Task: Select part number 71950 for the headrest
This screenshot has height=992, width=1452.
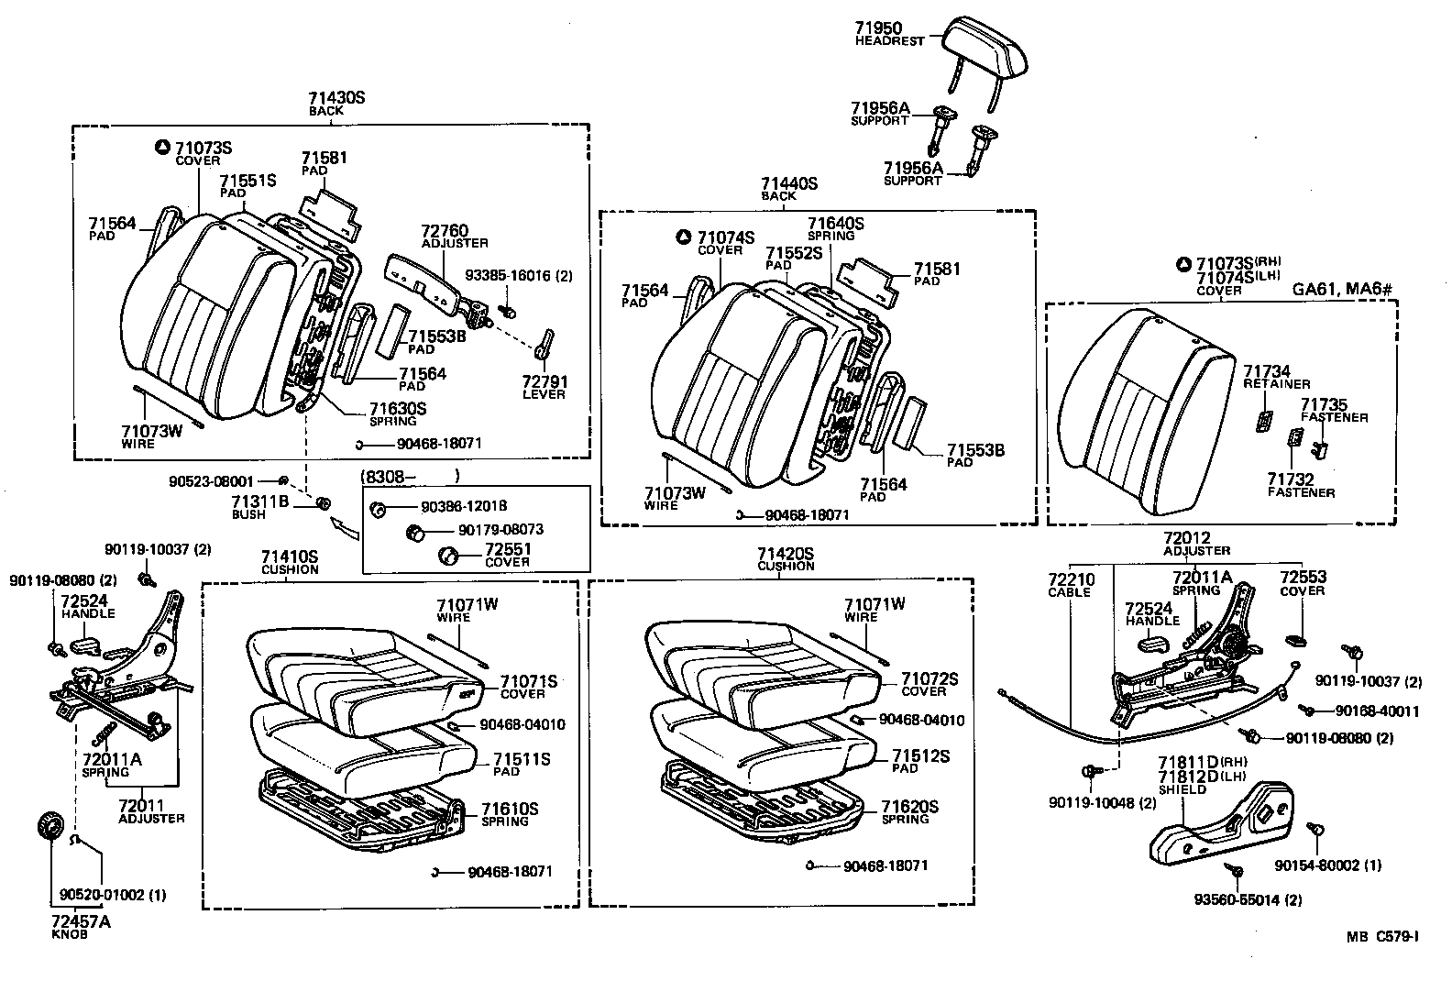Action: [878, 28]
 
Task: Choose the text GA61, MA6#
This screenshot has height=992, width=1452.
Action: [1342, 290]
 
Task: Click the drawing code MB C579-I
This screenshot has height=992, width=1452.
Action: [1382, 936]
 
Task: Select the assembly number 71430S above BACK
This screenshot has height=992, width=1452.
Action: [336, 97]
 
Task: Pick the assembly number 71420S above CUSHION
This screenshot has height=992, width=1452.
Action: [786, 554]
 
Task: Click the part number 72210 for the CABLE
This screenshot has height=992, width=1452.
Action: [1071, 579]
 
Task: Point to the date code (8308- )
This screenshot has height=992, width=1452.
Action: [410, 476]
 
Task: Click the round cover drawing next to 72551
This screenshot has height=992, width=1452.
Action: [450, 555]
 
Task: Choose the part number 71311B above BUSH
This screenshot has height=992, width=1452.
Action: [260, 502]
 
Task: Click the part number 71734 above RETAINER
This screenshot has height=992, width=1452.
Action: [1267, 371]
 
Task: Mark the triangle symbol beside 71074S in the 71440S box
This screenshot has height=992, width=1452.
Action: [682, 237]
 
